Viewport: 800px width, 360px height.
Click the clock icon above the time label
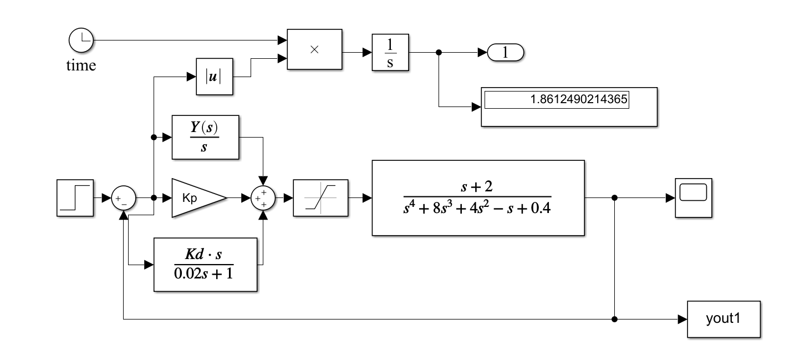coord(81,40)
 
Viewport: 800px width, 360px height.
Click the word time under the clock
coord(81,65)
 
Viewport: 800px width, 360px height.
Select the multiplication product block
coord(314,49)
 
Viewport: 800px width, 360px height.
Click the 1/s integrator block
coord(390,53)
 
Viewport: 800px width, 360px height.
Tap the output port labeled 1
coord(505,53)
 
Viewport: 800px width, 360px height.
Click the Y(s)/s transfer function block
coord(205,138)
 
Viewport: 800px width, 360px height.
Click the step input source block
coord(75,197)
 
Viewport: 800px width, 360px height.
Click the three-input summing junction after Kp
coord(263,198)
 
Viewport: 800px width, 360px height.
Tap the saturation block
coord(320,198)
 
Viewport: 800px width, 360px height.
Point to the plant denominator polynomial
coord(477,211)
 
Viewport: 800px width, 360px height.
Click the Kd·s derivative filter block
coord(205,265)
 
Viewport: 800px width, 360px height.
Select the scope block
coord(693,198)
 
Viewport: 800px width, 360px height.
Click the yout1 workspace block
coord(724,320)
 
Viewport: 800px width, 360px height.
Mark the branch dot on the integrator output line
coord(439,53)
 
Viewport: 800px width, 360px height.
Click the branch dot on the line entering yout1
coord(614,320)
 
